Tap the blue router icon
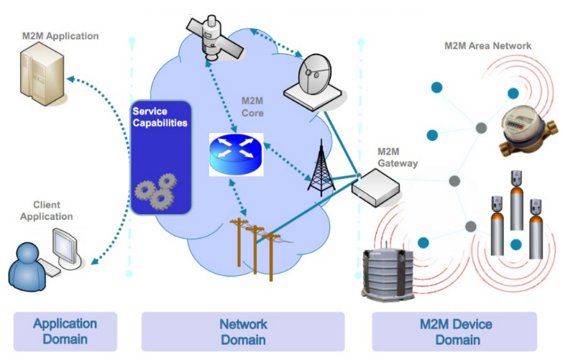pos(237,154)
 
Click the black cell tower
pos(321,168)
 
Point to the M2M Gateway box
pos(375,188)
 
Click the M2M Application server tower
pos(42,77)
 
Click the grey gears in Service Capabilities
pos(156,191)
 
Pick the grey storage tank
pos(388,274)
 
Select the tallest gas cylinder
pos(516,200)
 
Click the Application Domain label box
pos(65,331)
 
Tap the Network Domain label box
pos(243,332)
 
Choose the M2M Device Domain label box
pos(454,332)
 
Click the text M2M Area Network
pos(488,46)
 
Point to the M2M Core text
pos(252,107)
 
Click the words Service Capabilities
pos(160,117)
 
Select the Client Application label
pos(47,211)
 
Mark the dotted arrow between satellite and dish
pos(277,42)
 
